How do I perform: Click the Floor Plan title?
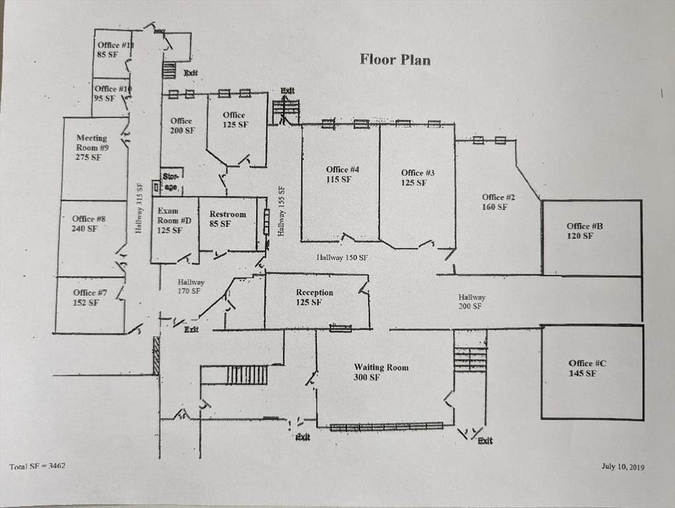coord(395,60)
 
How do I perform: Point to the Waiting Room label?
coord(381,372)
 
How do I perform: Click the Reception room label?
coord(314,297)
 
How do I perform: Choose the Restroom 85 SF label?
coord(228,219)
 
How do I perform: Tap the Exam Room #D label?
coord(174,220)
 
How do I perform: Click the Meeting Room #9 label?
coord(92,148)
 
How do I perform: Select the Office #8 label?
coord(89,224)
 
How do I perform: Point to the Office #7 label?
coord(89,297)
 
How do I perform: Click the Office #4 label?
coord(342,174)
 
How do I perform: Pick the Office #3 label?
coord(417,178)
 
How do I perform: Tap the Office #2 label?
coord(498,202)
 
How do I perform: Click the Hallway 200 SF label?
coord(471,302)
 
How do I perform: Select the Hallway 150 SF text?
coord(342,258)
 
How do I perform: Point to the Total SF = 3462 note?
coord(38,466)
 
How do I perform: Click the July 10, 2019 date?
coord(623,467)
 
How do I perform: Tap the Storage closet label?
coord(171,181)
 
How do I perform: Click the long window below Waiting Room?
coord(386,426)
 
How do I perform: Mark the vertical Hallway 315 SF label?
coord(138,208)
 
